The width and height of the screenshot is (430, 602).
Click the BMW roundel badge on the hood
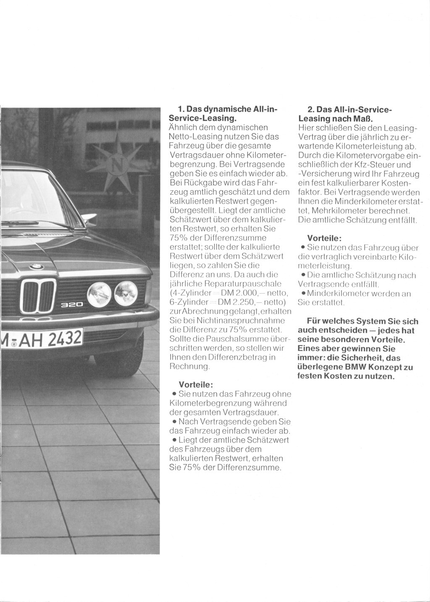(37, 266)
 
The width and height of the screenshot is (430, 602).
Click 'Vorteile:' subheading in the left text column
(196, 385)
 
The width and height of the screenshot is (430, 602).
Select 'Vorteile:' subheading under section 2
(324, 238)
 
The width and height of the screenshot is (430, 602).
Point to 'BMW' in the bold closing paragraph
(355, 367)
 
